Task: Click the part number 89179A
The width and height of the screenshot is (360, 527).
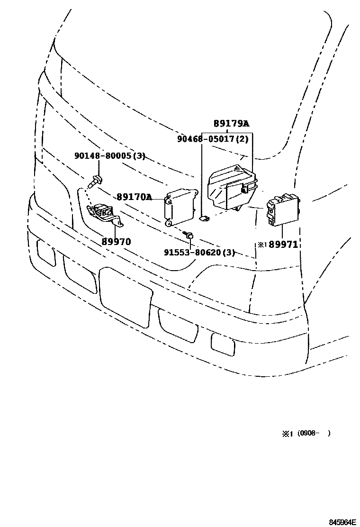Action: click(x=231, y=124)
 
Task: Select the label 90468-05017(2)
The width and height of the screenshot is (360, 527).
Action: click(x=213, y=139)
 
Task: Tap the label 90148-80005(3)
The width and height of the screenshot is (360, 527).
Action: click(x=109, y=155)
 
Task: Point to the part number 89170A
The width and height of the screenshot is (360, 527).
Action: click(x=135, y=197)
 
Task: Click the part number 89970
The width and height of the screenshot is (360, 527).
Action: click(x=116, y=242)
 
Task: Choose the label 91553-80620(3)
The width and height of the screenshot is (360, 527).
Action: click(x=199, y=253)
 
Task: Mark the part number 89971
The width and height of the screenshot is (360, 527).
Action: click(x=284, y=245)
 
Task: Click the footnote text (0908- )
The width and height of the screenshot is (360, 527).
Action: click(x=314, y=433)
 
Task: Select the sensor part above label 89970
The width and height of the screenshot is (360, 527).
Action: click(x=105, y=214)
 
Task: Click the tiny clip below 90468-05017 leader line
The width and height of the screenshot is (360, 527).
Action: click(x=204, y=218)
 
